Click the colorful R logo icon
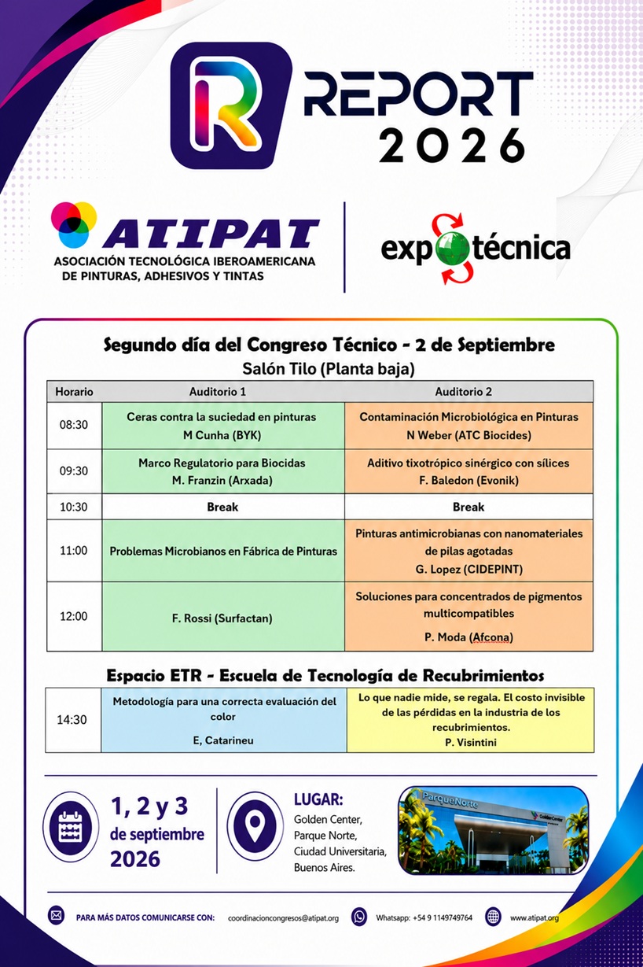click(x=231, y=105)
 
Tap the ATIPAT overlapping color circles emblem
click(x=74, y=224)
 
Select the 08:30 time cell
click(x=74, y=425)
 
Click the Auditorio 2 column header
click(x=463, y=392)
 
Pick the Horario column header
click(x=74, y=392)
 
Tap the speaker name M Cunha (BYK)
click(x=222, y=435)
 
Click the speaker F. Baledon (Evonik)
click(x=468, y=481)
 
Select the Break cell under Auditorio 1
click(x=222, y=507)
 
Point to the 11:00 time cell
click(x=74, y=551)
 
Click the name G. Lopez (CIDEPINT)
click(x=469, y=570)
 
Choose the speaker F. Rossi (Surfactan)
click(x=222, y=618)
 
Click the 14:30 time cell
click(x=72, y=720)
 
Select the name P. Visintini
click(x=471, y=742)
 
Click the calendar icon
click(x=71, y=827)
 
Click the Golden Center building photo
click(x=493, y=830)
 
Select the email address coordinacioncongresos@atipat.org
click(x=283, y=917)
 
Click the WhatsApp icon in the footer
click(x=358, y=917)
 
